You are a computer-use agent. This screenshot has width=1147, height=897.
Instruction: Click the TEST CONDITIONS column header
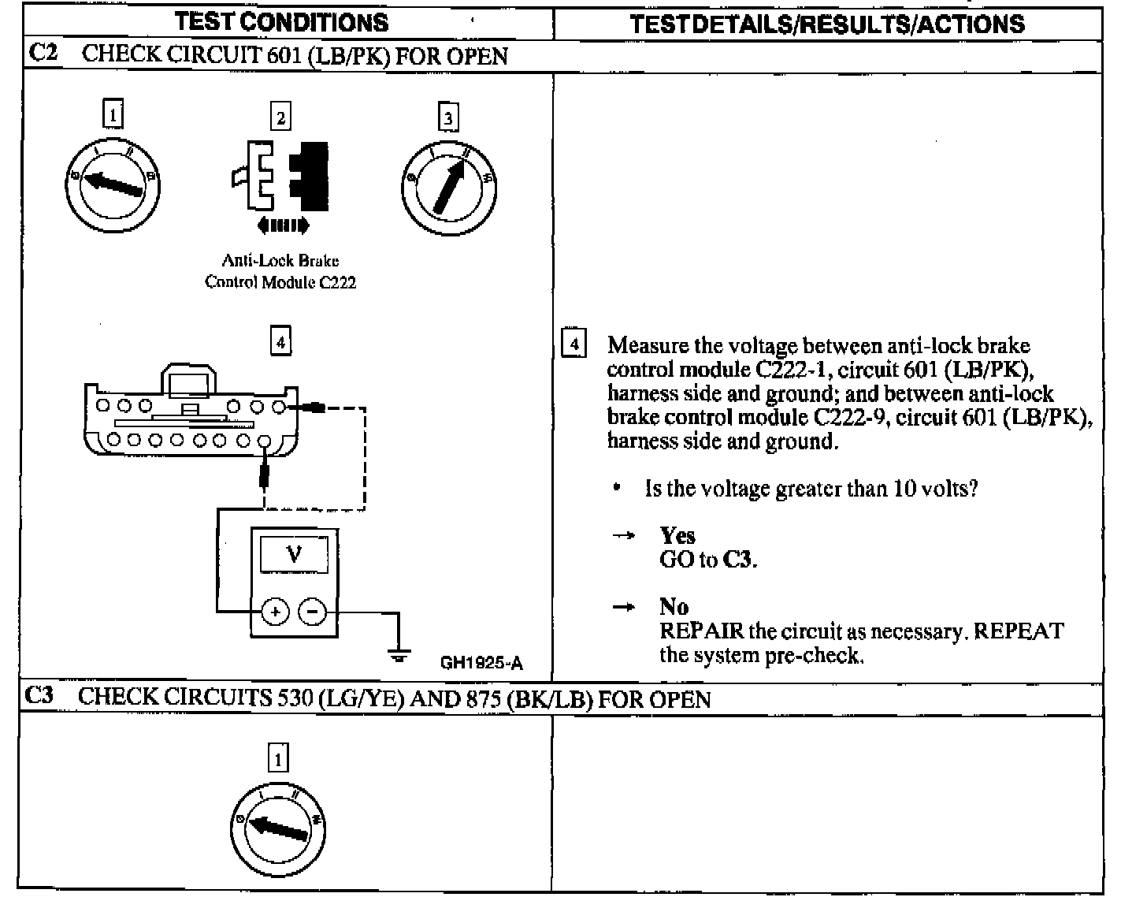(282, 22)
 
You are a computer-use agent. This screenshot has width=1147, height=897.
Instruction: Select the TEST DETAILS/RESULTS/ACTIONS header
(827, 24)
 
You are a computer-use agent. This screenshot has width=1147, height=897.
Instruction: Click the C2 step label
(41, 54)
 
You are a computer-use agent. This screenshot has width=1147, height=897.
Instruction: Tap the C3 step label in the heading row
(39, 696)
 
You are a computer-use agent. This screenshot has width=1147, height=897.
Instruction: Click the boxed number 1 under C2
(113, 115)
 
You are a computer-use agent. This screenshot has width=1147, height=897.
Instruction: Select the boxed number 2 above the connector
(280, 117)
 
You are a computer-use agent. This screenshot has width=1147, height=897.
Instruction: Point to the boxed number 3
(448, 118)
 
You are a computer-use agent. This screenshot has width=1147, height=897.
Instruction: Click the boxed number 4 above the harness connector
(280, 342)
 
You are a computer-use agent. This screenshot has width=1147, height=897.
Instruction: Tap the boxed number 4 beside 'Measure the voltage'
(573, 345)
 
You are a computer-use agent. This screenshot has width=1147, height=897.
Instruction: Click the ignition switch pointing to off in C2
(113, 184)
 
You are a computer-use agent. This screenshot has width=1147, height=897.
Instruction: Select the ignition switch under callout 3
(449, 187)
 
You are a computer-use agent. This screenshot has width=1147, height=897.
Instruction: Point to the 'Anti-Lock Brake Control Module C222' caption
(280, 271)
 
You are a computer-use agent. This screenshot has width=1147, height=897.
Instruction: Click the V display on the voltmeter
(294, 554)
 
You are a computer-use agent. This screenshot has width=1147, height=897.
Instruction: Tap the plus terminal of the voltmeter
(275, 612)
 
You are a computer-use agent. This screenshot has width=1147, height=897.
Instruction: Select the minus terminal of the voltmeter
(313, 612)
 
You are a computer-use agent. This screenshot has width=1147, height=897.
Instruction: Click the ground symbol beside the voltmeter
(399, 653)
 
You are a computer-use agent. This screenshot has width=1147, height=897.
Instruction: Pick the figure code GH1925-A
(481, 663)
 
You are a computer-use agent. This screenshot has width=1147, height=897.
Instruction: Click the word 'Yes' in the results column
(677, 536)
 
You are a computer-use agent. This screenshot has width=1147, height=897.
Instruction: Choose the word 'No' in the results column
(674, 607)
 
